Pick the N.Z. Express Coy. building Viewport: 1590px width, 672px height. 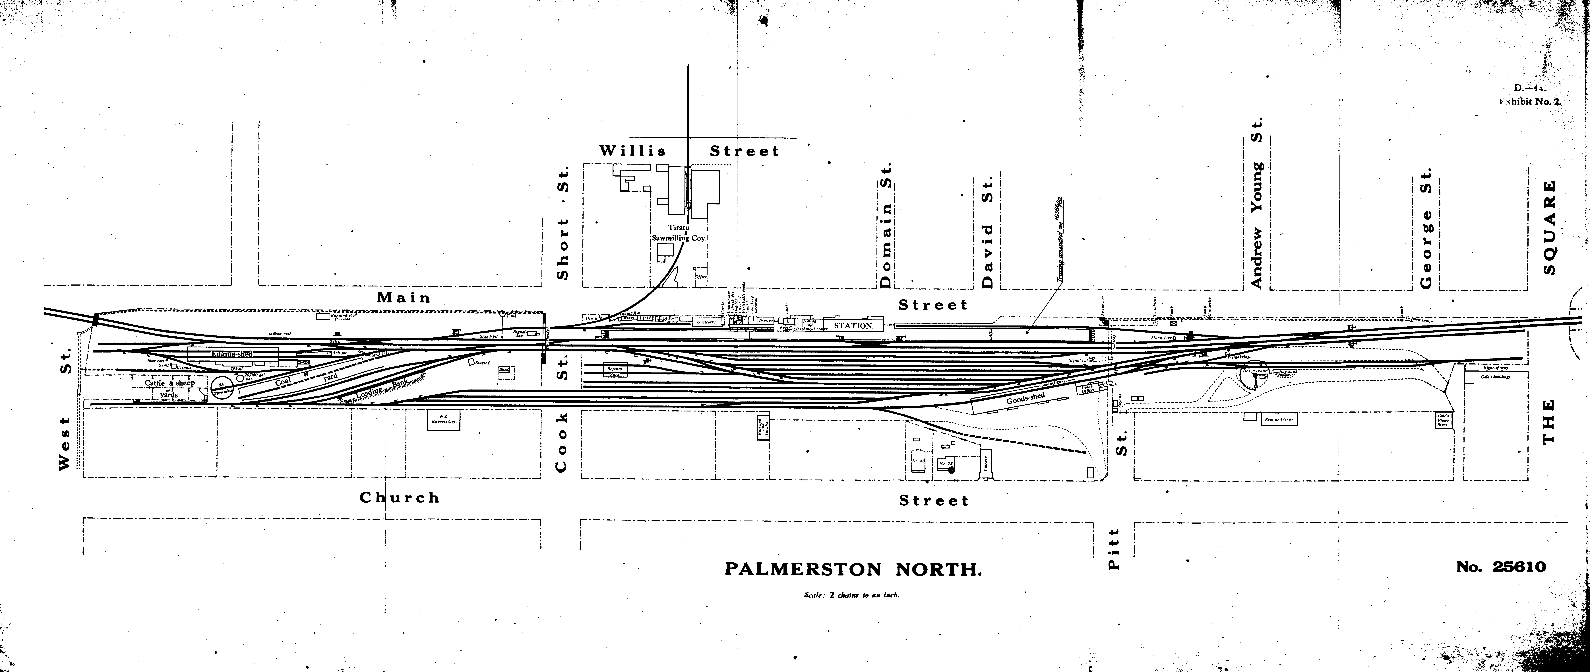444,419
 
